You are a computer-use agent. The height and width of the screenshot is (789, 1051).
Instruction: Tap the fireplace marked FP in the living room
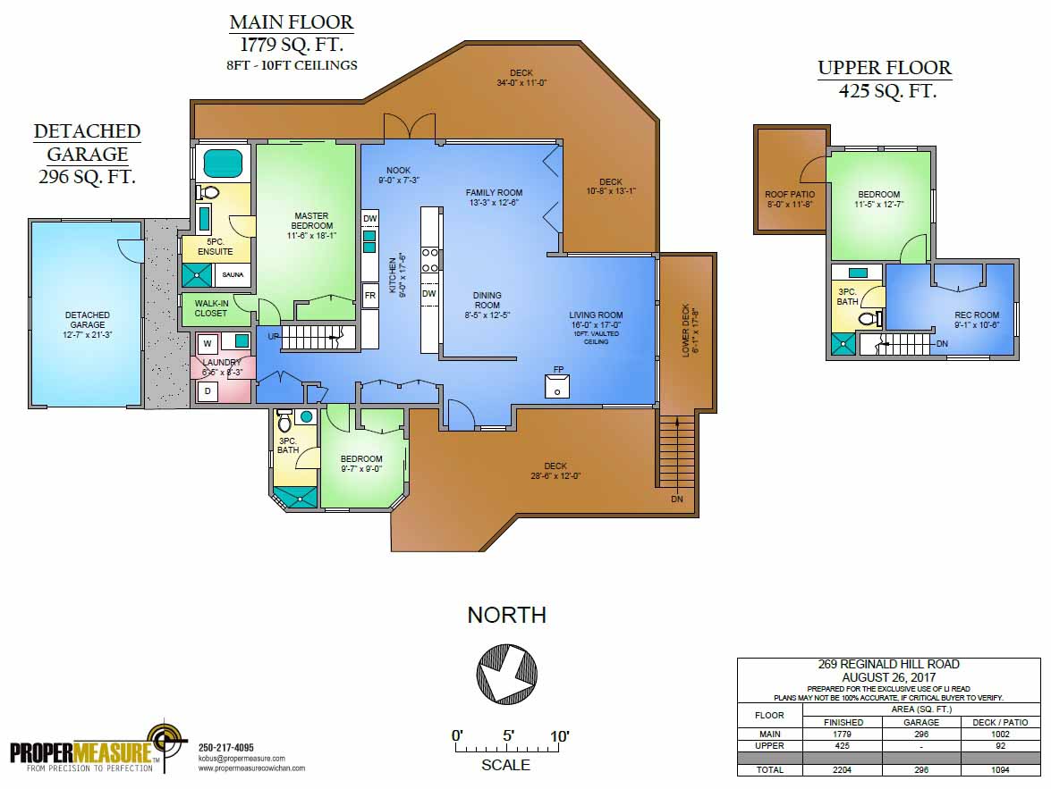[x=557, y=386]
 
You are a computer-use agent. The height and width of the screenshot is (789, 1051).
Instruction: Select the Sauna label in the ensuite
[x=233, y=274]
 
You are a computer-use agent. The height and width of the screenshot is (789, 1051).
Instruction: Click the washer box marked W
[x=207, y=342]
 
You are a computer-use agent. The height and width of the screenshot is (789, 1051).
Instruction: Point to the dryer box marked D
[x=207, y=391]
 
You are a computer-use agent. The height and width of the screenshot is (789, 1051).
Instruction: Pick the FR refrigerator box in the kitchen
[x=369, y=294]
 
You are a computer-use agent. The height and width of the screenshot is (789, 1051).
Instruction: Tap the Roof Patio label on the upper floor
[x=788, y=199]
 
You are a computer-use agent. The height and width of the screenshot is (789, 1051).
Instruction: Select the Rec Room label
[x=977, y=320]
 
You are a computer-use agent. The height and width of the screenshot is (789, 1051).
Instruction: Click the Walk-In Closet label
[x=210, y=308]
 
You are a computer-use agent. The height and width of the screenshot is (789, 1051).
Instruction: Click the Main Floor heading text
[x=291, y=21]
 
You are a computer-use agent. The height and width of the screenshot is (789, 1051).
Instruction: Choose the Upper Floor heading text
[x=885, y=68]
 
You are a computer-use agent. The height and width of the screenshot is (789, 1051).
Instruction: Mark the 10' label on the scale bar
[x=560, y=736]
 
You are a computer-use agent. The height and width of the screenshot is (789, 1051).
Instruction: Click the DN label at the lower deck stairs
[x=676, y=499]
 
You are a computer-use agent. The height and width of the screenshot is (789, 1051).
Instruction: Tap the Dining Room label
[x=487, y=300]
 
